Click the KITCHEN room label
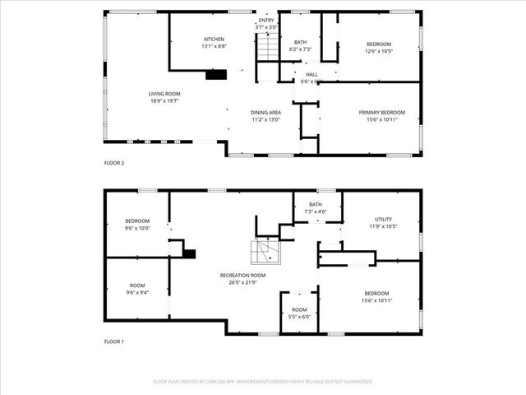(215, 39)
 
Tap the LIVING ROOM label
(164, 94)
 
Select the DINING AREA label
(265, 112)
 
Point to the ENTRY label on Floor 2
(267, 20)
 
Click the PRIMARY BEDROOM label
(381, 112)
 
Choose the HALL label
(311, 74)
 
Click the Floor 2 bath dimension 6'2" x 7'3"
(300, 49)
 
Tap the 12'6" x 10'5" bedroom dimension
(379, 51)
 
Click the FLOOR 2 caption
(114, 163)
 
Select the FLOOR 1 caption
(114, 341)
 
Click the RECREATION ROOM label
(242, 275)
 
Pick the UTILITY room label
(383, 219)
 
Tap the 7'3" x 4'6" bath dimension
(315, 211)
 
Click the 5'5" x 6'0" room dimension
(299, 317)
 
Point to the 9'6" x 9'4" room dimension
(137, 292)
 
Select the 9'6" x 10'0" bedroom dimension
(137, 228)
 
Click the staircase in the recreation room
(265, 250)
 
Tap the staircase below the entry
(267, 49)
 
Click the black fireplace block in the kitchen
(216, 75)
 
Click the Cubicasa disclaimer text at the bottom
(263, 382)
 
